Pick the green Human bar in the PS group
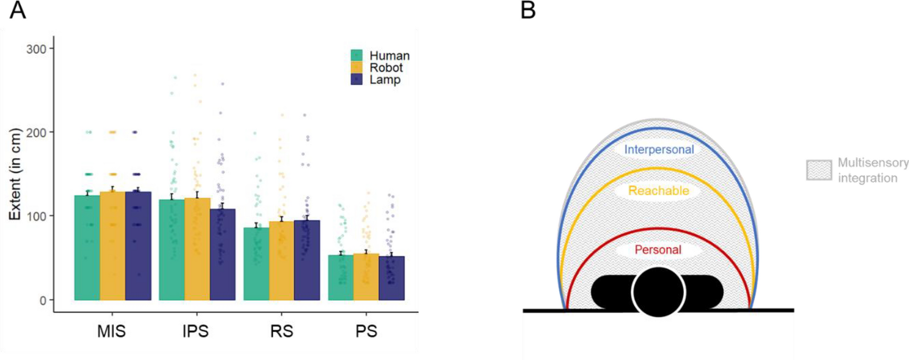[340, 277]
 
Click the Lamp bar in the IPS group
[222, 254]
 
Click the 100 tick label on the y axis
[36, 216]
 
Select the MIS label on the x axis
[111, 331]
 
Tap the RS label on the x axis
[281, 331]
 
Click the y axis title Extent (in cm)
[15, 174]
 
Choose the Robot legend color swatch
[357, 67]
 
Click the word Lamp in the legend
[385, 80]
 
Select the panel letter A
[17, 10]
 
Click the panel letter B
[528, 10]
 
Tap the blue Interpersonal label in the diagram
[659, 149]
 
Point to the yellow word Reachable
[658, 191]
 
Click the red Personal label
[658, 250]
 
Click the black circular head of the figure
[658, 291]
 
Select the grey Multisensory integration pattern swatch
[819, 170]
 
